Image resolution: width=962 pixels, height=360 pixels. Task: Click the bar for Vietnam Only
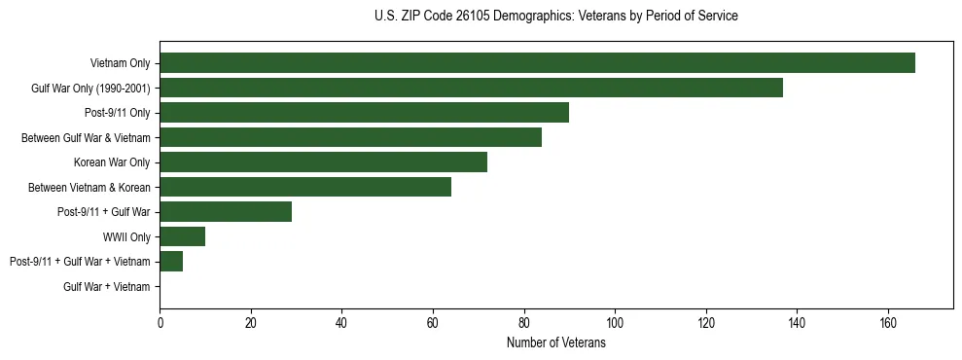pos(537,63)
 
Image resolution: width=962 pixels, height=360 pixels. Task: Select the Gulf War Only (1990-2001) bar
pos(471,89)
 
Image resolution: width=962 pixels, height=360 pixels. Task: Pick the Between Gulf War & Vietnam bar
pos(350,138)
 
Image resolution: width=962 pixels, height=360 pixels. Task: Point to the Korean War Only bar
pos(323,162)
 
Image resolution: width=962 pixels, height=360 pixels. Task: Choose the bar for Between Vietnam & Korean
pos(305,188)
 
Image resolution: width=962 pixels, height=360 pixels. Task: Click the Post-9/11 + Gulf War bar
pos(226,212)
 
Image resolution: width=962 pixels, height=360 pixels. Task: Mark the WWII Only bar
pos(182,237)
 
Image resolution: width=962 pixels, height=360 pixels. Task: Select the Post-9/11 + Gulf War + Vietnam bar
pos(171,262)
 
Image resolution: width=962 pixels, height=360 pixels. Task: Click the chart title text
pos(555,17)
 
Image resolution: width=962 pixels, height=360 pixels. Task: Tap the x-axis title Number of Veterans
pos(555,342)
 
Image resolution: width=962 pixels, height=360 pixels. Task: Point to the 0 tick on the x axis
pos(160,323)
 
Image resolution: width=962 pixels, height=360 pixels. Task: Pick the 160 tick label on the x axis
pos(887,323)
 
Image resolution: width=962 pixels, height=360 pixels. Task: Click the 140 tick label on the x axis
pos(797,323)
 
